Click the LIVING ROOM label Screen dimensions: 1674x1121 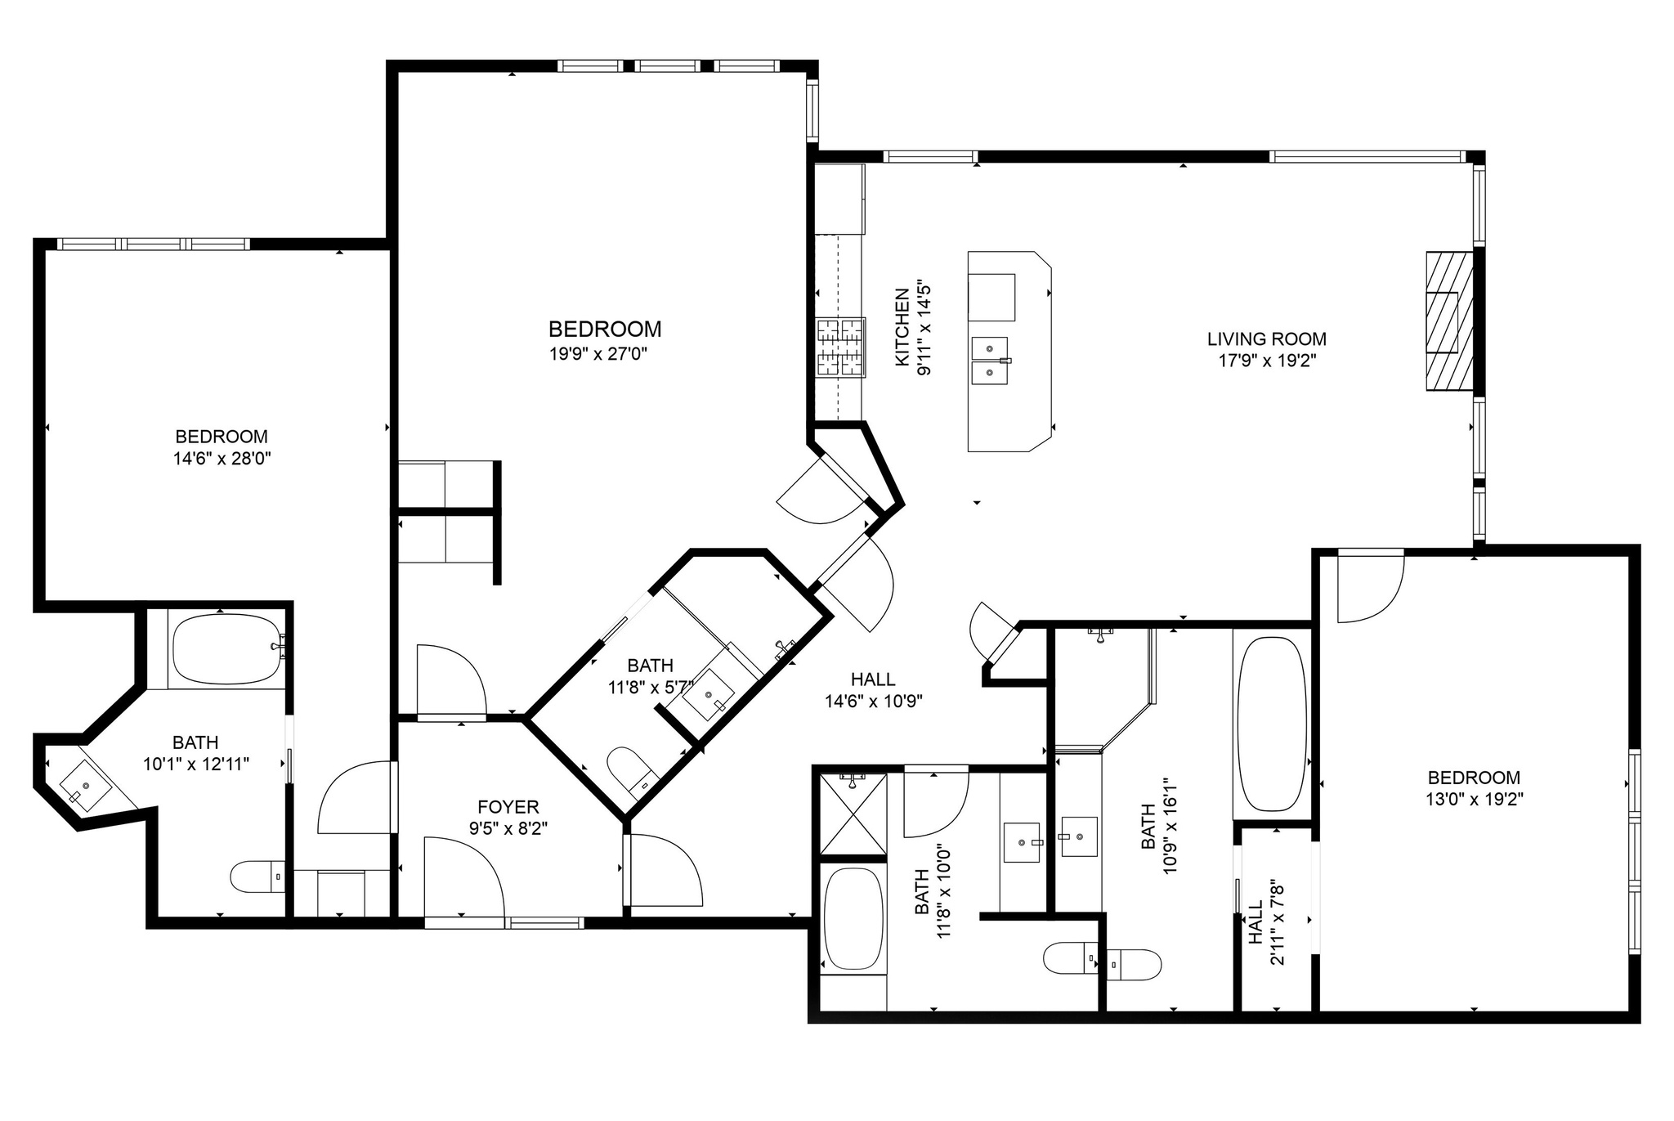pyautogui.click(x=1267, y=339)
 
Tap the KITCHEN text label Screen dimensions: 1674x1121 pyautogui.click(x=902, y=327)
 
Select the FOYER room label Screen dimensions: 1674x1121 pyautogui.click(x=508, y=807)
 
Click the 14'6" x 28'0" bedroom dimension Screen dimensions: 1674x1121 pyautogui.click(x=222, y=459)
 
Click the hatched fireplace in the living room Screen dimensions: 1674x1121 pyautogui.click(x=1450, y=321)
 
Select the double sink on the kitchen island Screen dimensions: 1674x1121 pyautogui.click(x=989, y=361)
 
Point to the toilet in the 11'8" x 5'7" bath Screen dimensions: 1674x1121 pyautogui.click(x=633, y=771)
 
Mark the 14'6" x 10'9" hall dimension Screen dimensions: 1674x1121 pyautogui.click(x=874, y=701)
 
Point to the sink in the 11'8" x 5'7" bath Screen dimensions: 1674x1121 pyautogui.click(x=709, y=695)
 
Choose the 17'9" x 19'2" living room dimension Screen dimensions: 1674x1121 pyautogui.click(x=1267, y=361)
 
